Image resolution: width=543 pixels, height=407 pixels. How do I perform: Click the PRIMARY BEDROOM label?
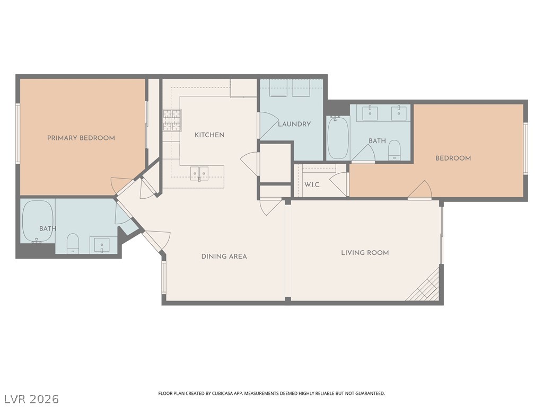tap(81, 138)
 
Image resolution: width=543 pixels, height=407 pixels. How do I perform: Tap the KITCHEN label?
tap(209, 135)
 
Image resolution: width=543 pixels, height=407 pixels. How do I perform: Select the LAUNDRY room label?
tap(294, 124)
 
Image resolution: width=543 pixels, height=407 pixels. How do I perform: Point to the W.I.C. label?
tap(312, 185)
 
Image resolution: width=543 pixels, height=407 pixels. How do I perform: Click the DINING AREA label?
tap(224, 256)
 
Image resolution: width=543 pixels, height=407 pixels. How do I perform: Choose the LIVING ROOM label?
tap(365, 253)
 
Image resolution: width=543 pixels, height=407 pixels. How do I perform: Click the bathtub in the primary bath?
tap(38, 222)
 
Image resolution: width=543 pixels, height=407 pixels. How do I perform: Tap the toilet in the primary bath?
tap(73, 243)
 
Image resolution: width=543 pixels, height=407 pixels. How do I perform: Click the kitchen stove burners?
tap(172, 120)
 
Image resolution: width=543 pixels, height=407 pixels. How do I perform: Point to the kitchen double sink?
tap(199, 173)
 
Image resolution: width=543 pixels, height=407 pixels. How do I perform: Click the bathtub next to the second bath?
tap(338, 138)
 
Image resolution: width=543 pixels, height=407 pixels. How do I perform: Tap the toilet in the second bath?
tap(395, 150)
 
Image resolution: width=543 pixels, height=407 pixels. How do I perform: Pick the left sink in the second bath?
tap(370, 112)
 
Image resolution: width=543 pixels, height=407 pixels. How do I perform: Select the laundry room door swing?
tap(269, 125)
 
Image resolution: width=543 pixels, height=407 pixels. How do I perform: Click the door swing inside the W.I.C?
tap(338, 184)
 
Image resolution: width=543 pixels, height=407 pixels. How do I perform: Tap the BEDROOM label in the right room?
tap(453, 158)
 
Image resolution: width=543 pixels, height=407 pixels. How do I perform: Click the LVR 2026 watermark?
tap(30, 399)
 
